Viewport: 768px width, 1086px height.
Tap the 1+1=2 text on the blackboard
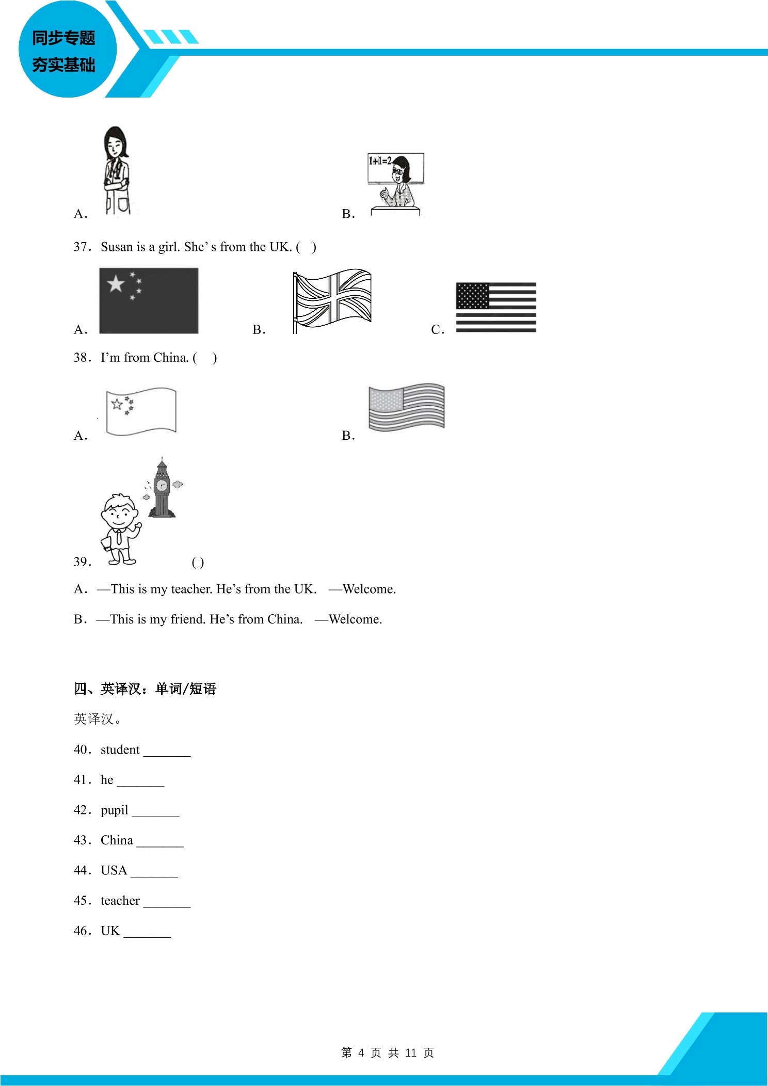(x=380, y=161)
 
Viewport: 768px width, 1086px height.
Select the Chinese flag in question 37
(x=149, y=300)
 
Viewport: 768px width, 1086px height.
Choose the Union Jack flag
(x=332, y=300)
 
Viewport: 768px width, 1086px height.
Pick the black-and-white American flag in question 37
(x=496, y=307)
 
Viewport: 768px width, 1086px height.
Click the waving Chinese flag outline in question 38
(x=141, y=411)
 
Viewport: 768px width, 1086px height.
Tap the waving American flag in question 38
(x=407, y=407)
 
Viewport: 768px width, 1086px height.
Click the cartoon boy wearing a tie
(x=120, y=529)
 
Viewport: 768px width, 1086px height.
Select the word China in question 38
(x=171, y=357)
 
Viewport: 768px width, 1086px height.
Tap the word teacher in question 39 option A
(x=191, y=589)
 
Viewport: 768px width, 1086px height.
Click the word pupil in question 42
(x=115, y=810)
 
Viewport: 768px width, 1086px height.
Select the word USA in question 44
(x=114, y=870)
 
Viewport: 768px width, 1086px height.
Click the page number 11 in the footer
(x=411, y=1052)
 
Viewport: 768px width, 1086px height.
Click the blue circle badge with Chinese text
(x=68, y=49)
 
